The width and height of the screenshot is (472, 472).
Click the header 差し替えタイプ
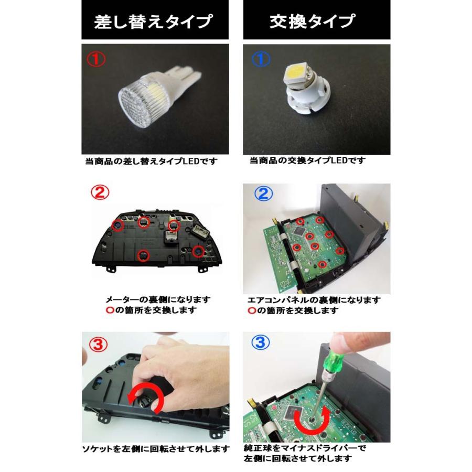click(x=154, y=22)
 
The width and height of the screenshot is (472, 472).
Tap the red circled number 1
click(x=96, y=59)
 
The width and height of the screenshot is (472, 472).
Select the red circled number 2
click(x=100, y=194)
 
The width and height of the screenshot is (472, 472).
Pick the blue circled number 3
click(x=261, y=344)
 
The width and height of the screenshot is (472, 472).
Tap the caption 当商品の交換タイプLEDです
click(x=308, y=160)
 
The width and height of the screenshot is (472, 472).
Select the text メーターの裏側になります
click(x=158, y=299)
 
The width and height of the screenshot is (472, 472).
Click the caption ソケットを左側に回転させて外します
click(x=155, y=449)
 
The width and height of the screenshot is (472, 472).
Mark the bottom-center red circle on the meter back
click(x=142, y=255)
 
